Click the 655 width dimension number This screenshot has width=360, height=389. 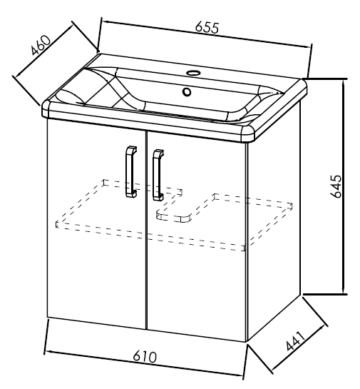(207, 27)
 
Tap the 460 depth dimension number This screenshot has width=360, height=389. (41, 45)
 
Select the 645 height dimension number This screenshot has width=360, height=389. (336, 186)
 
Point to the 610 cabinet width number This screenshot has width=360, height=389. (145, 357)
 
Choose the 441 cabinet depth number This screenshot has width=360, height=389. (295, 341)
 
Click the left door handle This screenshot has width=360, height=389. (131, 172)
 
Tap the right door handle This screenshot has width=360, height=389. (158, 175)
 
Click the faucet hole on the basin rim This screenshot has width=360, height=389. (192, 73)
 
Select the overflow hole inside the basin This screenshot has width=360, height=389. (187, 92)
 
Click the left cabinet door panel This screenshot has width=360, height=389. (97, 223)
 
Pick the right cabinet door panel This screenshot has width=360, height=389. (197, 236)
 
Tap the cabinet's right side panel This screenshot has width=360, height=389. (274, 221)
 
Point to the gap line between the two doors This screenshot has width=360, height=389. (147, 231)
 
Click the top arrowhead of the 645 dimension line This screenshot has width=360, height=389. (343, 83)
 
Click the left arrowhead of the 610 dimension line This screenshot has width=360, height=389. (48, 352)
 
